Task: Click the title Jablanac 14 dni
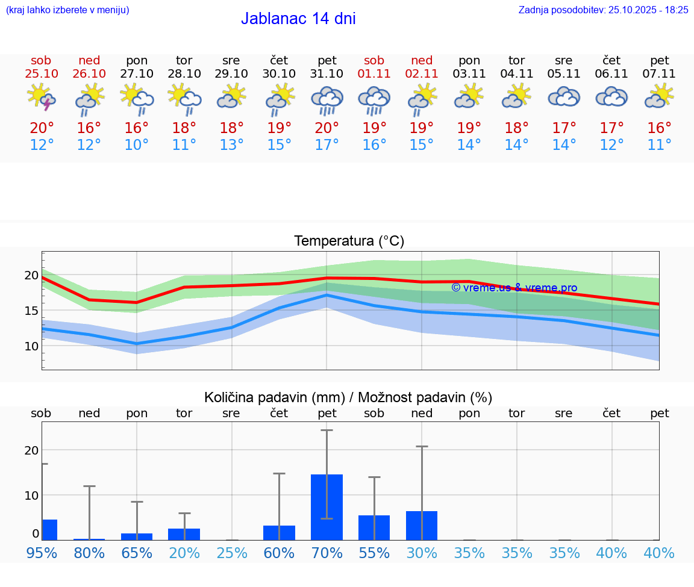298,19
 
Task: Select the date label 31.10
327,74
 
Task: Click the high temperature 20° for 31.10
327,128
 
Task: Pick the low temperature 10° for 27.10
137,145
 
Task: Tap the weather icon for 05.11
564,97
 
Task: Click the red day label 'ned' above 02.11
422,60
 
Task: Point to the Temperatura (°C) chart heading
349,241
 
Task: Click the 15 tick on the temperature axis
31,311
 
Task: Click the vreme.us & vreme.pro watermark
514,288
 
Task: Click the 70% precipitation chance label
327,553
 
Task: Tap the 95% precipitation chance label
42,553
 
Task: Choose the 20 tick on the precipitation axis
31,450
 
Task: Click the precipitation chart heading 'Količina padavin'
348,397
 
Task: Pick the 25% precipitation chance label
232,553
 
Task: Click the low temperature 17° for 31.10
327,145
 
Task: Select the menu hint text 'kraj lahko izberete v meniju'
67,10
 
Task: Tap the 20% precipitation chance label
184,553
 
